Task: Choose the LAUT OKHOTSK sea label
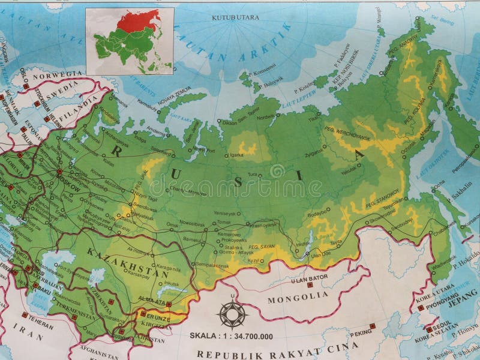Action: (x=440, y=161)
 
